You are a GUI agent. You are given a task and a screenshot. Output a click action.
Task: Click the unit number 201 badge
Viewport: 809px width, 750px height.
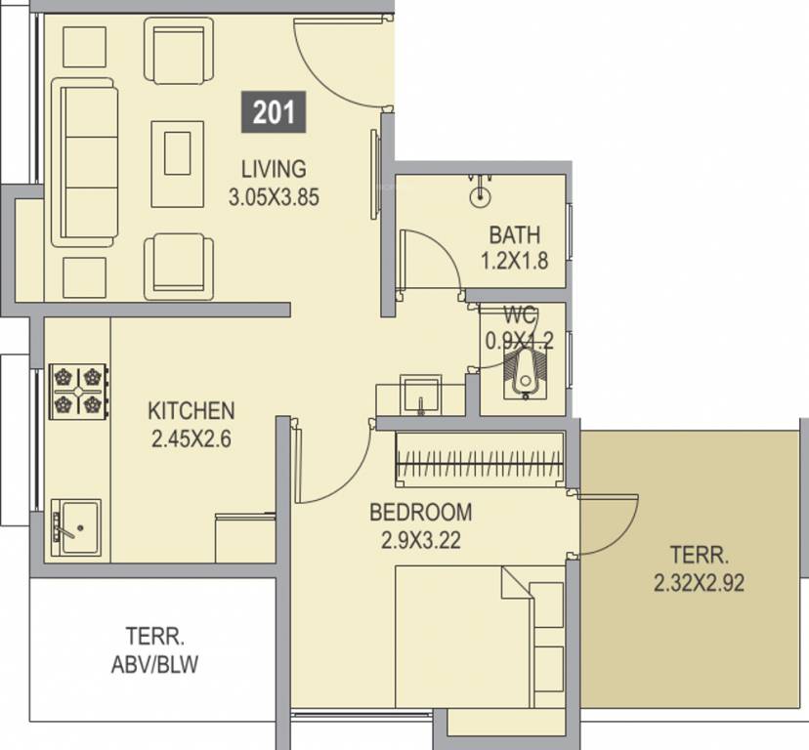(x=274, y=112)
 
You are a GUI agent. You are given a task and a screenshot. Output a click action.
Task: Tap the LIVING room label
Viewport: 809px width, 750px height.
(x=274, y=169)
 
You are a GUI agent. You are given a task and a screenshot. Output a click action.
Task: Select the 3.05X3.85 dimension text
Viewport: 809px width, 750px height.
(x=274, y=197)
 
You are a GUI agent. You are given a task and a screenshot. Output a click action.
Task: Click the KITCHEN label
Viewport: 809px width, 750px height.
(x=191, y=410)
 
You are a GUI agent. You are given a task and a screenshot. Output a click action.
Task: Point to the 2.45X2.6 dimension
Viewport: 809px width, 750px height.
(x=191, y=438)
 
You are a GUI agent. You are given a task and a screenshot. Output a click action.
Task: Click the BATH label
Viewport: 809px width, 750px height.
(x=514, y=234)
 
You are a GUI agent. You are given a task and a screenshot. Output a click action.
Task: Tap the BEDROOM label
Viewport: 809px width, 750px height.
(x=420, y=513)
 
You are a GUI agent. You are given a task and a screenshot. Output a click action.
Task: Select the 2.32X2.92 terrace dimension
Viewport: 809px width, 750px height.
(x=700, y=583)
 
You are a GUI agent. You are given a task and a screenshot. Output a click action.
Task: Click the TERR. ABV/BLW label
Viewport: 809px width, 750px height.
(x=154, y=650)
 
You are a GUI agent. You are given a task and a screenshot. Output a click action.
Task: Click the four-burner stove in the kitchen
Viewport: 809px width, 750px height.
(x=78, y=391)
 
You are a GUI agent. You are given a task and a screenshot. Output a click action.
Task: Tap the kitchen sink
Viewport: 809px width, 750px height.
(x=76, y=526)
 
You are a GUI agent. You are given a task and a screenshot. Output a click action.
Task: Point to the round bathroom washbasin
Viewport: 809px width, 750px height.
(x=481, y=195)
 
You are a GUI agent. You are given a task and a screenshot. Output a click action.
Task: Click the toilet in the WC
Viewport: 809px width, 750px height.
(x=526, y=373)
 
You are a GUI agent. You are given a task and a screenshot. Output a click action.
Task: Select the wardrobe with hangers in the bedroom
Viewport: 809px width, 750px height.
(x=480, y=460)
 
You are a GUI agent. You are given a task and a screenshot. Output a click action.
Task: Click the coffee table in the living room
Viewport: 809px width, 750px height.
(x=178, y=164)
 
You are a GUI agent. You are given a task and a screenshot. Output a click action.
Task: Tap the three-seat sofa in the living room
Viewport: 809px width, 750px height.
(x=84, y=162)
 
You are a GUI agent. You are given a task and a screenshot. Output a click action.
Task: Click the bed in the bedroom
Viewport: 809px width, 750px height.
(x=480, y=637)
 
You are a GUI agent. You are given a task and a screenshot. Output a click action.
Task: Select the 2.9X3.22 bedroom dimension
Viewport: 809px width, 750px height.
(x=420, y=541)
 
